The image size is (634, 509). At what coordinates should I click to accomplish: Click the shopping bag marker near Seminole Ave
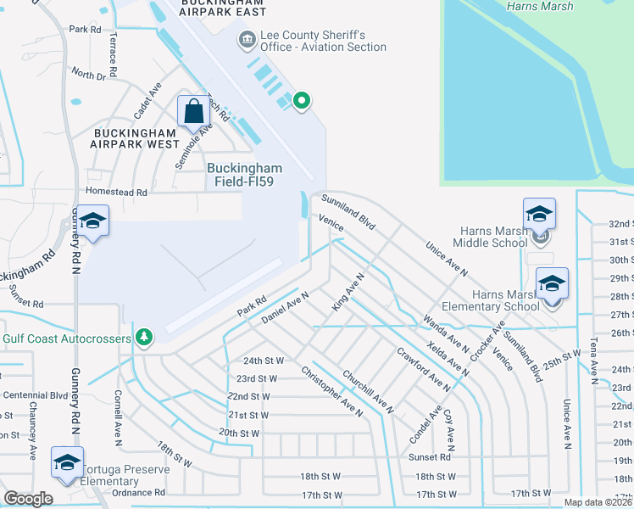pos(194,112)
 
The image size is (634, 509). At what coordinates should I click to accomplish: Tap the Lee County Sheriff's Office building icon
pos(247,38)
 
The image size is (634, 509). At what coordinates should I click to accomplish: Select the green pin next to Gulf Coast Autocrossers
pos(145,338)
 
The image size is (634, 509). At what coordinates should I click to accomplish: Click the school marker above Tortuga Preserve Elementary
pos(66,462)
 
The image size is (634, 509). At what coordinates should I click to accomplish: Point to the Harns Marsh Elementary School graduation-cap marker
pos(552,283)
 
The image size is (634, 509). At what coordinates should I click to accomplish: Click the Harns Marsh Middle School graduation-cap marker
pos(539,215)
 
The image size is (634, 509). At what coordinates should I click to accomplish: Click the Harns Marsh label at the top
pos(539,7)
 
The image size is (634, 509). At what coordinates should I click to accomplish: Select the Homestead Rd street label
pos(111,193)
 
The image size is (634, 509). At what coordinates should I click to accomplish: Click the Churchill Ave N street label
pos(368,391)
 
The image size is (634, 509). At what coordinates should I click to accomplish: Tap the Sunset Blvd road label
pos(25,303)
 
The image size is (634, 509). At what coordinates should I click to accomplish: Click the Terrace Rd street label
pos(112,52)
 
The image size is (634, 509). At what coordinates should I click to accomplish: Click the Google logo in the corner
pos(29,498)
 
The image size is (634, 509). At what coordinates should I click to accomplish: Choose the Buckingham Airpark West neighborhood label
pos(136,139)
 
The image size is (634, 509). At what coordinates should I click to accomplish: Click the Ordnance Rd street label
pos(137,492)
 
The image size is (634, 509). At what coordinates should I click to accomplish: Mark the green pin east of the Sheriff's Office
pos(301,102)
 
